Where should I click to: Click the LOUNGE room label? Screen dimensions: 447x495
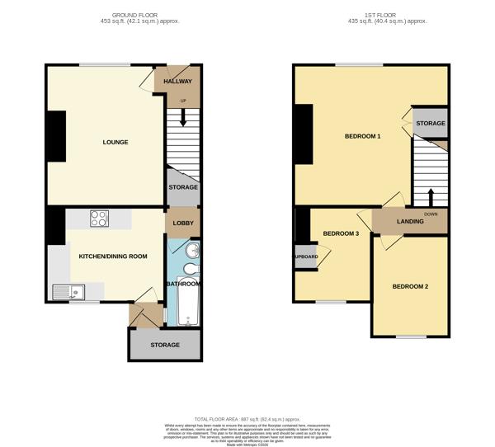pos(115,142)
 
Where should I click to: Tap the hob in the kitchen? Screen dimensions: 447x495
pos(99,219)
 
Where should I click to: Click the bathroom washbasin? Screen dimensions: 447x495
pos(191,251)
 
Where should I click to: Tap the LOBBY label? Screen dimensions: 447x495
pos(183,223)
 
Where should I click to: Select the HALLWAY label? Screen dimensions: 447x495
pos(177,82)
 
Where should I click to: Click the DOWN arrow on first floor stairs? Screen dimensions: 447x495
pos(430,199)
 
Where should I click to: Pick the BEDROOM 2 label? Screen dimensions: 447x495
pos(410,286)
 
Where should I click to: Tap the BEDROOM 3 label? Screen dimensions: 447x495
pos(341,233)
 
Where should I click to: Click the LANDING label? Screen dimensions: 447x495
pos(409,221)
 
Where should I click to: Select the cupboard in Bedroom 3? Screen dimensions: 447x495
pos(305,256)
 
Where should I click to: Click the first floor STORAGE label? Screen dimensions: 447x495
pos(430,124)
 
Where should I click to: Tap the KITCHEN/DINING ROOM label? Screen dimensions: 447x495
pos(112,256)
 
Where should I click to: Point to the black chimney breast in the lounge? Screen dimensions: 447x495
pos(56,137)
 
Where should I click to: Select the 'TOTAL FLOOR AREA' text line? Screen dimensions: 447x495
pos(247,419)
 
